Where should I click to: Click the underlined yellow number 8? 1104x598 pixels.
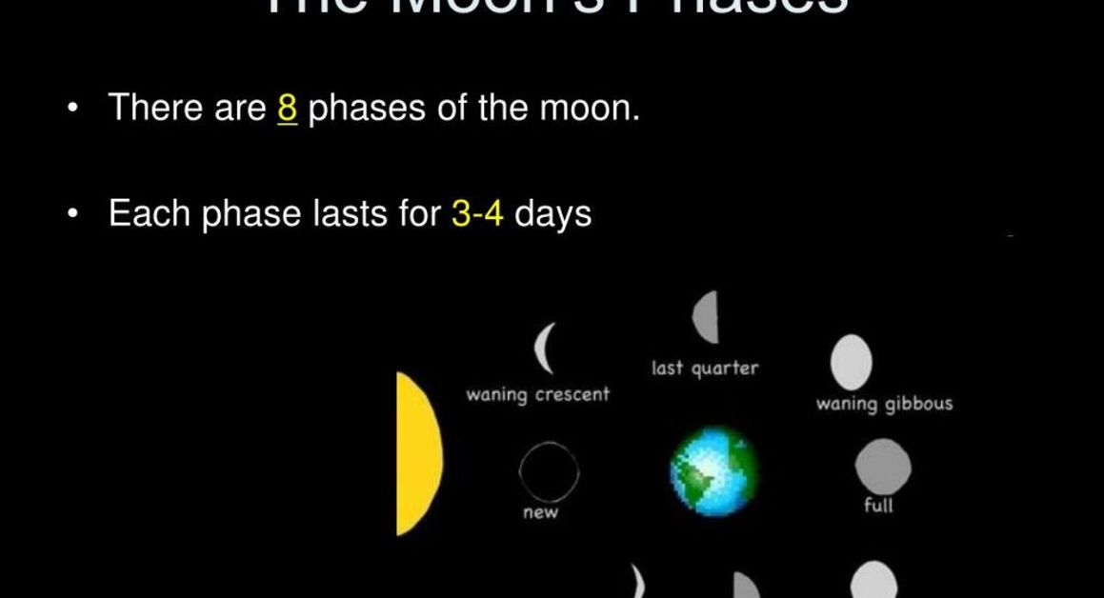click(288, 109)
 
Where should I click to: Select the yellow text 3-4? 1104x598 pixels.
click(476, 213)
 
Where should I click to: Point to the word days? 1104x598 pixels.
click(552, 213)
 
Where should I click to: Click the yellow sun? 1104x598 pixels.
click(418, 453)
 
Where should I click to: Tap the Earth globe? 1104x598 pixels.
click(714, 471)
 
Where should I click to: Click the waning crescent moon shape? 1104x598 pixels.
click(545, 349)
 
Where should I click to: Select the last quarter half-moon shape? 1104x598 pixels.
click(706, 317)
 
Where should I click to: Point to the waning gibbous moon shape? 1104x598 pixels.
click(852, 361)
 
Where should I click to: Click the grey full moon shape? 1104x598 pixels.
click(883, 467)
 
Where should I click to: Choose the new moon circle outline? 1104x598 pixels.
click(549, 471)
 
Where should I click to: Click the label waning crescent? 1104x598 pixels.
click(537, 394)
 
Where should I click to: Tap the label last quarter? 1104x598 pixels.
click(705, 369)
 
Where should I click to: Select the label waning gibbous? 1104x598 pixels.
click(884, 404)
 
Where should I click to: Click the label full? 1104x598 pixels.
click(878, 506)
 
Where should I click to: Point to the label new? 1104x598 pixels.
click(540, 513)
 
